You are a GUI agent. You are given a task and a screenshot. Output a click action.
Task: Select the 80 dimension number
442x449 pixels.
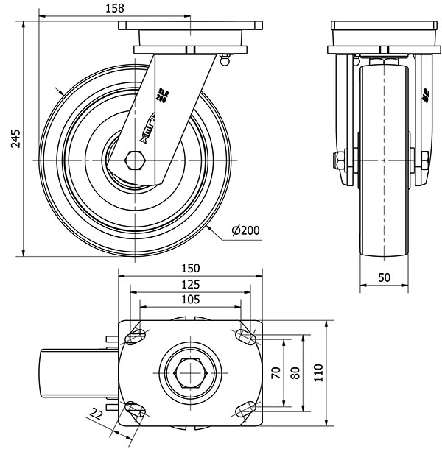click(x=295, y=372)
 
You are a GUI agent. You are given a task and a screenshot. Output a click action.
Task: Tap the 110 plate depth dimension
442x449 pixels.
click(x=319, y=372)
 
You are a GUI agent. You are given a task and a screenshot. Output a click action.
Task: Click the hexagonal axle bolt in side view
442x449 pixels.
click(x=135, y=160)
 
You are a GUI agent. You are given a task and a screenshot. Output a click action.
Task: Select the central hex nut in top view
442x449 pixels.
click(x=191, y=374)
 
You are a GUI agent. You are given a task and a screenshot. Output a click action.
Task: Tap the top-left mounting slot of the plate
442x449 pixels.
click(x=136, y=337)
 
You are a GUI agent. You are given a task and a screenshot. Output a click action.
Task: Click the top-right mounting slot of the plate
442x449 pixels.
click(x=246, y=337)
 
